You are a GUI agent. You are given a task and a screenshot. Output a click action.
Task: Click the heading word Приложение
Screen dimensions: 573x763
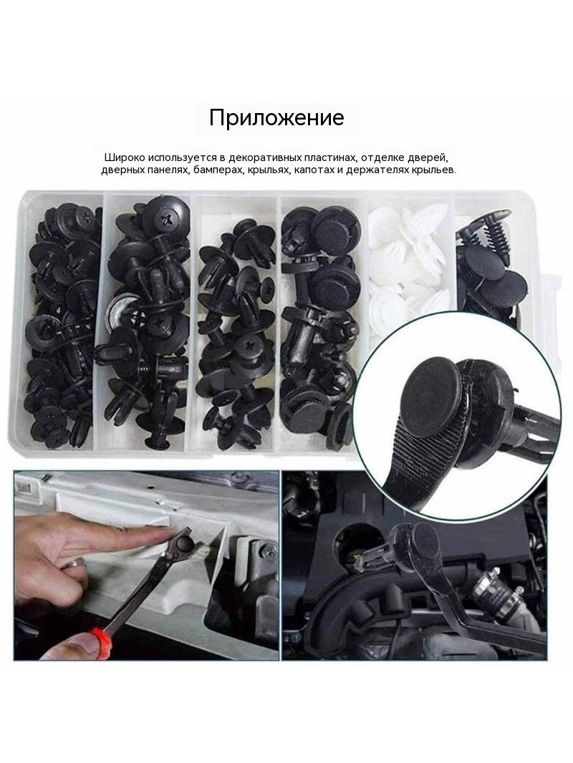[x=276, y=117]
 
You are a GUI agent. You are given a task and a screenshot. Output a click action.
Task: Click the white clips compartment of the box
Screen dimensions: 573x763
[x=410, y=263]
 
